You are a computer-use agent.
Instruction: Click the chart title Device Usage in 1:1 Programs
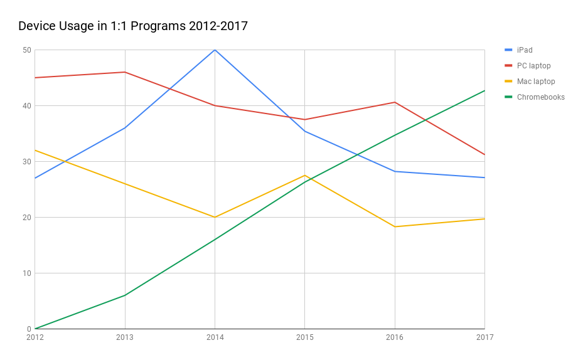pos(133,26)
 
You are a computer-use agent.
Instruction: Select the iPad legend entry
pos(525,50)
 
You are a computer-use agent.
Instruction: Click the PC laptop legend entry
pos(533,66)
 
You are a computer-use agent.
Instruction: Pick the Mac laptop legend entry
pos(536,82)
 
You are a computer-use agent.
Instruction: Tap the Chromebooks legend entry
pos(540,97)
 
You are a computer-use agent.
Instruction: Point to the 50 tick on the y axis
pos(27,50)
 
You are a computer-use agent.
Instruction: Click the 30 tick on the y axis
pos(27,162)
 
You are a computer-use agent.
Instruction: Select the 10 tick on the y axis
pos(27,273)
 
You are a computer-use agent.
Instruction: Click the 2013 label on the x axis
pos(125,337)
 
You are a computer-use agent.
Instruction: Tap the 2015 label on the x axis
pos(304,337)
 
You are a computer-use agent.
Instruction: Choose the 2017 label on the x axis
pos(484,337)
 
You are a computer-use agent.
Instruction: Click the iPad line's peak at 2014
pos(215,50)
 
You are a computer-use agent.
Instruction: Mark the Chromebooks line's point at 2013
pos(125,295)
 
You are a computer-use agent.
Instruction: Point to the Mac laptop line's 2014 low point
pos(215,217)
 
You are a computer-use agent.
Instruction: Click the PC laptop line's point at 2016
pos(395,102)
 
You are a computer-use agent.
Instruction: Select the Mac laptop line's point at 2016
pos(395,226)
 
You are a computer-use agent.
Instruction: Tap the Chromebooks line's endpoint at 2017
pos(484,90)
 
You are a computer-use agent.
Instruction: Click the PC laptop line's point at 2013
pos(125,72)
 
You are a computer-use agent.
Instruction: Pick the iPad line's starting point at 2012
pos(35,178)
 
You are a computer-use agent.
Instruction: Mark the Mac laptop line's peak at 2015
pos(304,175)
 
